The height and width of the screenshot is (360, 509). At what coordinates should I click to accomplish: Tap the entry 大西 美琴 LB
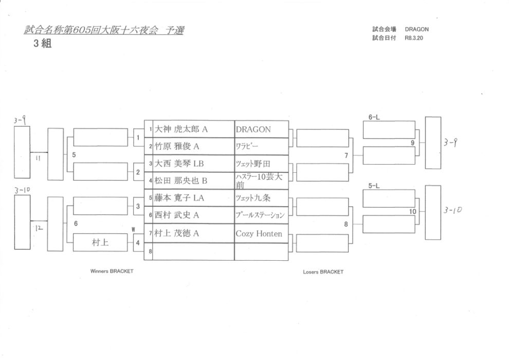(x=179, y=164)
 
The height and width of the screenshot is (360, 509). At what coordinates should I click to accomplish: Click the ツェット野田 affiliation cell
(x=252, y=164)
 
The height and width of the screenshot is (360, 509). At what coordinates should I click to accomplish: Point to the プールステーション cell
(x=260, y=215)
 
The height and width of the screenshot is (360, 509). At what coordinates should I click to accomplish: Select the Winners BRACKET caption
(x=112, y=272)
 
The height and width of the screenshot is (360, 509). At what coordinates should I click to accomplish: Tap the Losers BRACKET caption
(x=323, y=272)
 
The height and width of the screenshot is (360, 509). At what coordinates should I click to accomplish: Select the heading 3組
(x=42, y=44)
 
